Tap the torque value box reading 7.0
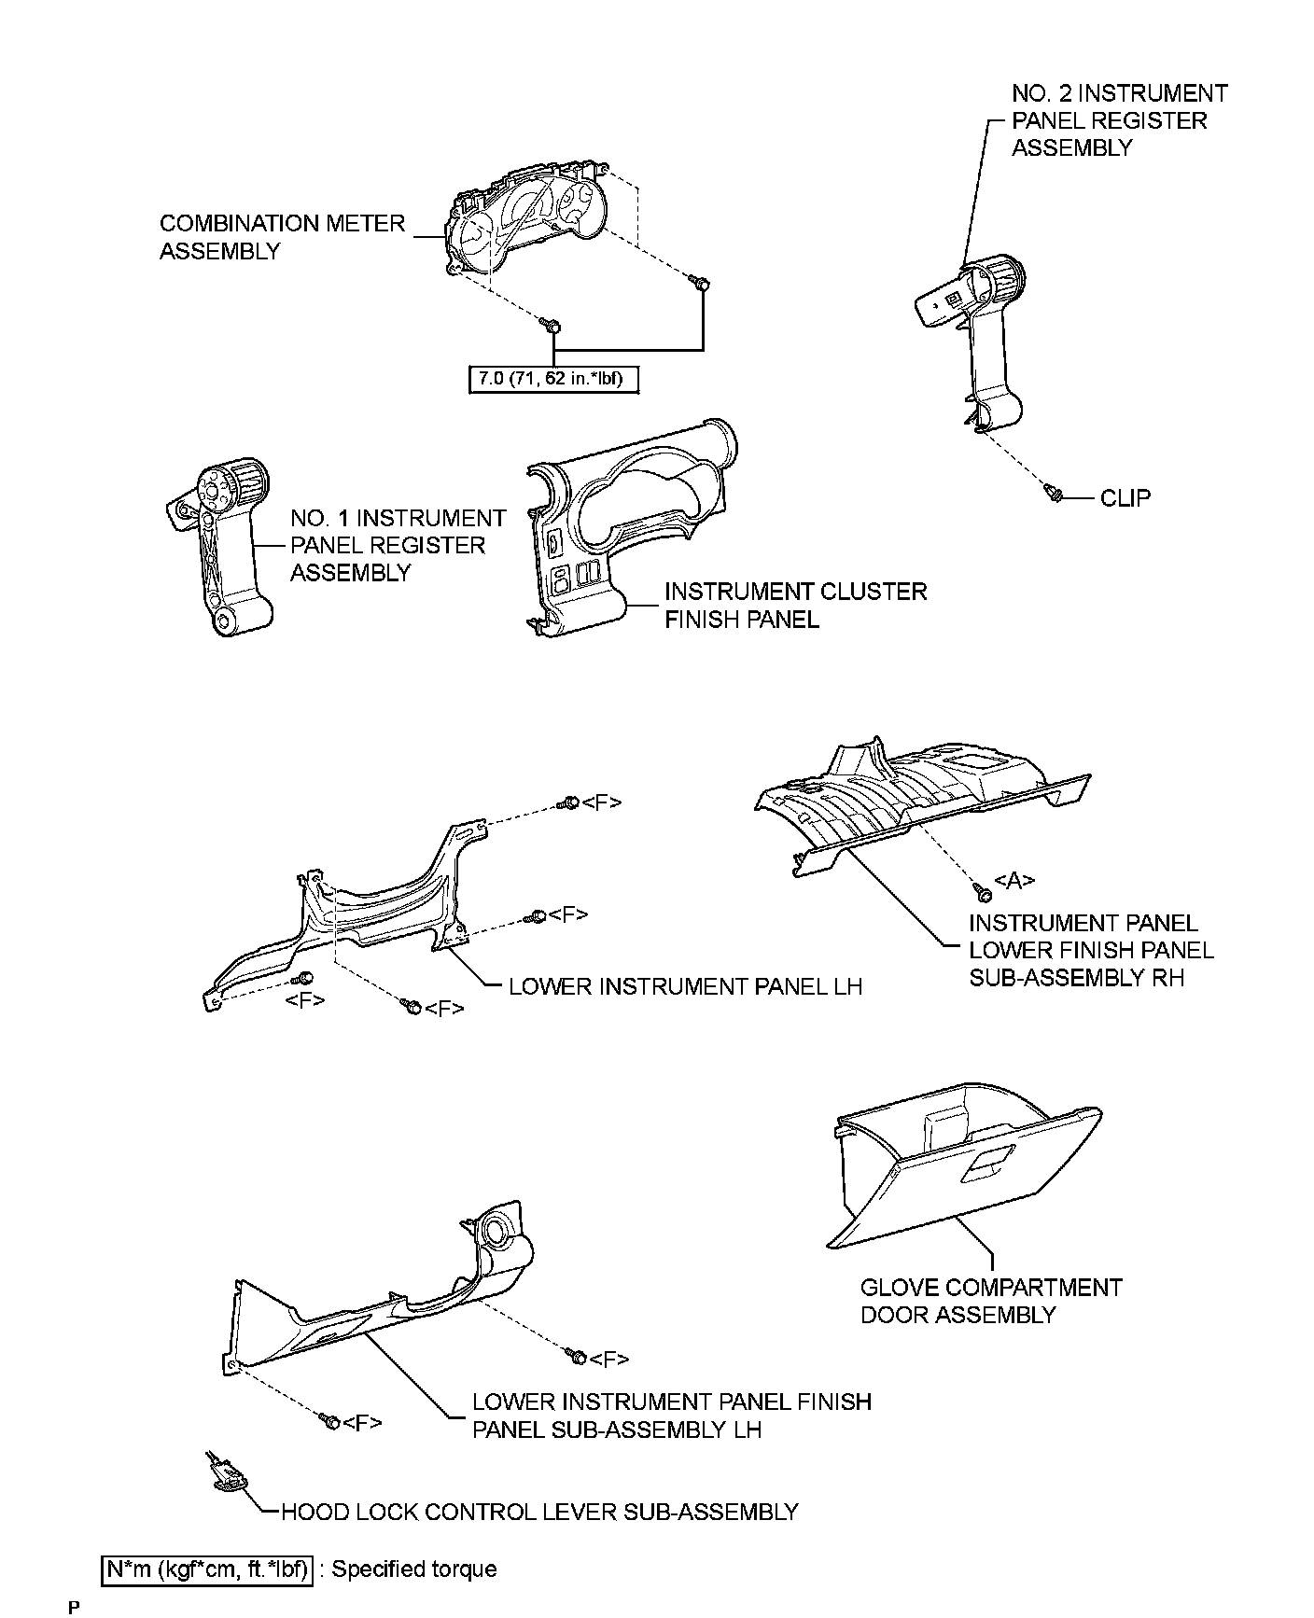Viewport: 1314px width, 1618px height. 552,380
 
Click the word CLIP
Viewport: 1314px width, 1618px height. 1125,498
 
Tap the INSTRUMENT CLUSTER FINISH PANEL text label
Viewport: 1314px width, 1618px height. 795,606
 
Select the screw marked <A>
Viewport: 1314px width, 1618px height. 984,894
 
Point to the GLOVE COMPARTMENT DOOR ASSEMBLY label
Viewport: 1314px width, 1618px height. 990,1301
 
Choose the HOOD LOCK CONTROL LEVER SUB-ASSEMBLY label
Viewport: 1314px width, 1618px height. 538,1512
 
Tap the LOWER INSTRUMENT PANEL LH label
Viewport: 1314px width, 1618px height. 685,986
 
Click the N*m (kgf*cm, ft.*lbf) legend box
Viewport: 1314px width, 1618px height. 205,1569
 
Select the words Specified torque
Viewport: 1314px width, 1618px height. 413,1569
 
